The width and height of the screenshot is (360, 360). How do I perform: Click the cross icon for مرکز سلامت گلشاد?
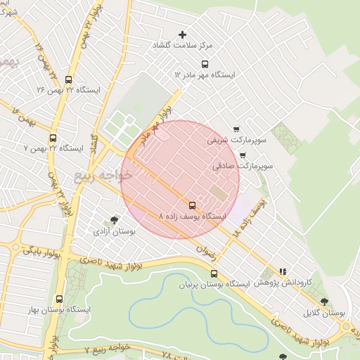pos(183,34)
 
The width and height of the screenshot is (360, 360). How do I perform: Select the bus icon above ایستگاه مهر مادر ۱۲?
pos(205,64)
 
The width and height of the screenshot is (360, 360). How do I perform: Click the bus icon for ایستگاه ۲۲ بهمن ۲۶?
pos(67,79)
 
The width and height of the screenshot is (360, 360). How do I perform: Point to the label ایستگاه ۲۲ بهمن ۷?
pos(54,148)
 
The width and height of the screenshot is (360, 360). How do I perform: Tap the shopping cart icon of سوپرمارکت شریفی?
pos(236,130)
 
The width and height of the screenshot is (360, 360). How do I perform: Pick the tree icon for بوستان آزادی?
pos(115,220)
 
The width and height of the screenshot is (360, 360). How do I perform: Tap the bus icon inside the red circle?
pos(193,205)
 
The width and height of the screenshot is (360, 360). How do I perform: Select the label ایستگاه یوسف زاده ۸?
pos(193,217)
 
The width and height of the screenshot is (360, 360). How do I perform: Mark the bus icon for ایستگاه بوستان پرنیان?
pos(214,274)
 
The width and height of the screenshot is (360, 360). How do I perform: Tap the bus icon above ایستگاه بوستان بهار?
pos(58,299)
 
